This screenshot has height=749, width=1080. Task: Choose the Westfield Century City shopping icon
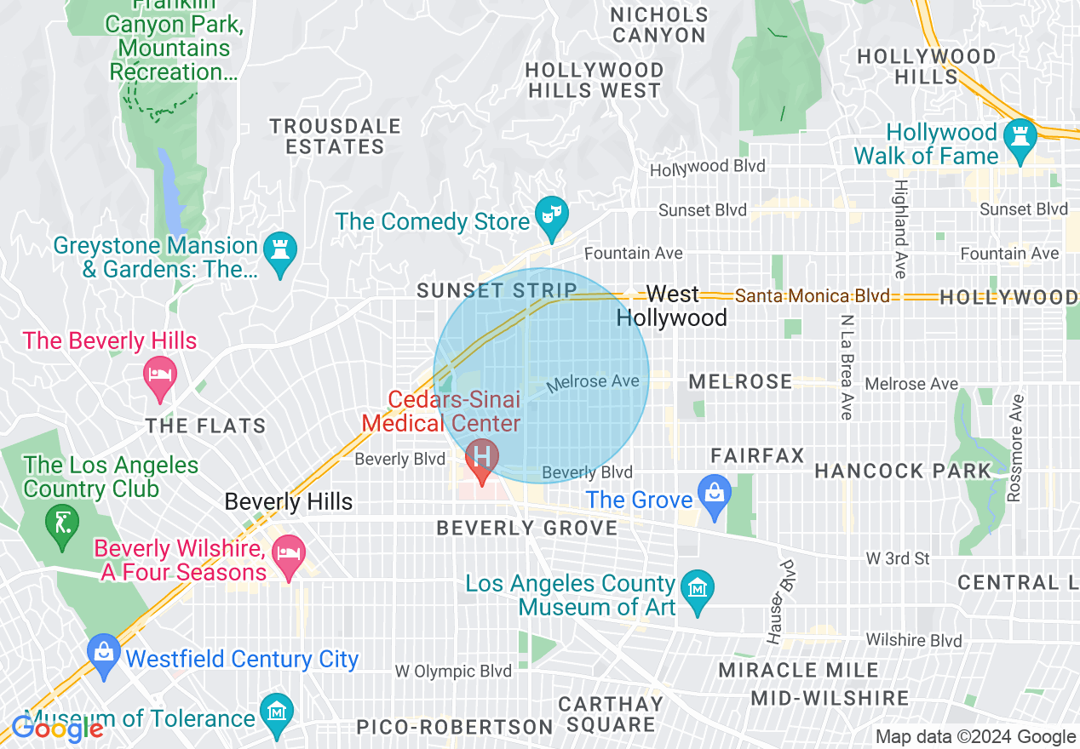[104, 655]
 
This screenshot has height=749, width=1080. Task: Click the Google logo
[57, 729]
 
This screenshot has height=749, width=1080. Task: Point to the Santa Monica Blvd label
[813, 296]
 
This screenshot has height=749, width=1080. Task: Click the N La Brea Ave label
[846, 367]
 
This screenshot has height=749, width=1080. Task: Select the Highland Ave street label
[899, 229]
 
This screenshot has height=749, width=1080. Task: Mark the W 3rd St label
[898, 559]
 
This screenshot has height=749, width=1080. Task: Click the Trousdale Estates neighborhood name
[335, 136]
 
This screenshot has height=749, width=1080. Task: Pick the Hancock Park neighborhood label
[903, 471]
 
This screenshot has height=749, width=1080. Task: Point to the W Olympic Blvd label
[453, 672]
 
